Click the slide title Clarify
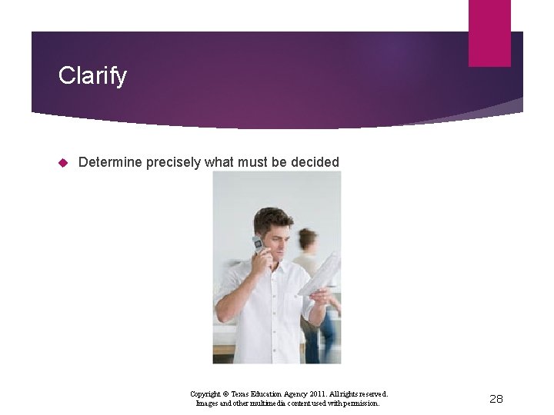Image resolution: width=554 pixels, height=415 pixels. (x=92, y=76)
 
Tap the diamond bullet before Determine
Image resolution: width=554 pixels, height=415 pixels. (x=64, y=162)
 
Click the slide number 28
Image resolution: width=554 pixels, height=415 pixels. (x=496, y=398)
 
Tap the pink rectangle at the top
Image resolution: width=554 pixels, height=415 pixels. (x=489, y=33)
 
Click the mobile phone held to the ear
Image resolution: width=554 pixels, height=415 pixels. (x=258, y=245)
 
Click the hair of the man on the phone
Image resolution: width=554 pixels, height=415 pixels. (x=272, y=218)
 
